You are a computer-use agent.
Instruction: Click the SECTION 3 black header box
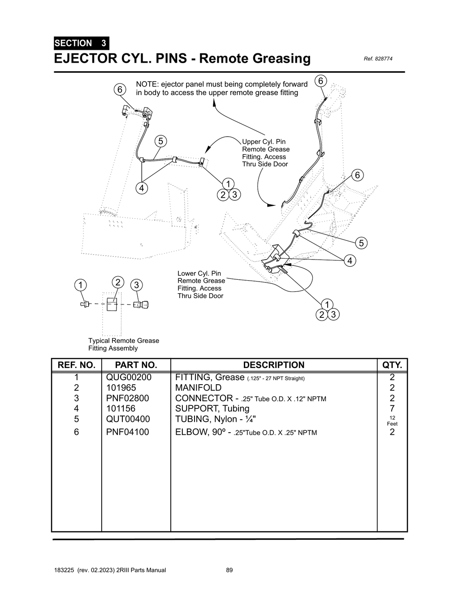coord(81,43)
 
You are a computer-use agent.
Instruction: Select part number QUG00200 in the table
coord(129,377)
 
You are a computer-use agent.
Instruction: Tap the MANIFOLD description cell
coord(198,388)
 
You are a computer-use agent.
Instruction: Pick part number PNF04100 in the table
coord(127,432)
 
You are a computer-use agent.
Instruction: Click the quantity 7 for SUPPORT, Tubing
coord(392,408)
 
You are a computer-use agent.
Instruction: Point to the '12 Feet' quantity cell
coord(392,421)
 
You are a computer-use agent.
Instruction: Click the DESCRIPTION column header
coord(273,365)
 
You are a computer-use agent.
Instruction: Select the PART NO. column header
coord(136,365)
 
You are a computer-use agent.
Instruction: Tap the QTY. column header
coord(392,365)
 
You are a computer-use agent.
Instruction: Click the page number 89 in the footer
coord(229,570)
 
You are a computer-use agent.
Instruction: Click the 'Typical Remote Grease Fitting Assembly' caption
coord(123,344)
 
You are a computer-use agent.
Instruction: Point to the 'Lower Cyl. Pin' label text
coord(199,273)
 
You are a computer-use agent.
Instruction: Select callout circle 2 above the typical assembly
coord(117,282)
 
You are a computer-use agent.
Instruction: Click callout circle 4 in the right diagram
coord(350,260)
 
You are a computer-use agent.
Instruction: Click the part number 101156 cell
coord(121,408)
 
